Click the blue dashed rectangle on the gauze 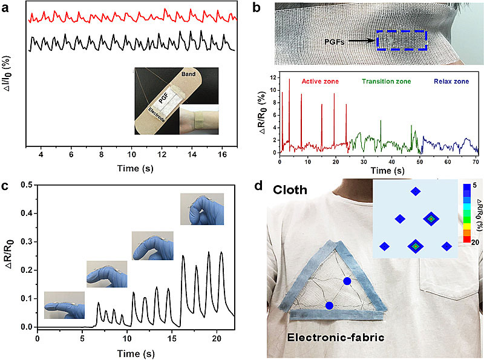pos(401,41)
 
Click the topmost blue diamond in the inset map pos(416,192)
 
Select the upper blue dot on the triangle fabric pos(347,281)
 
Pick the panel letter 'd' pos(275,185)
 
